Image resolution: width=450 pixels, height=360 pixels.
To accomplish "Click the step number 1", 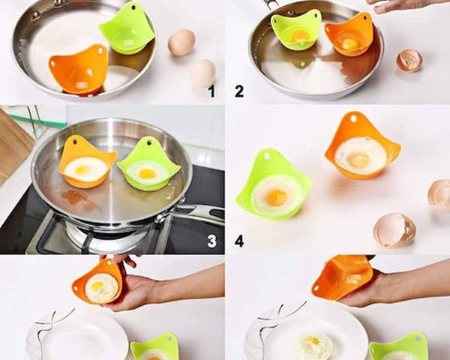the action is [211, 91].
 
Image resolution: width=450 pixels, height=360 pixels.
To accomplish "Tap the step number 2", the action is [239, 91].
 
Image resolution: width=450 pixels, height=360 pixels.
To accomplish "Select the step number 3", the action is [211, 241].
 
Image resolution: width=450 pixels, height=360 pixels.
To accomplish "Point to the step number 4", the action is [239, 241].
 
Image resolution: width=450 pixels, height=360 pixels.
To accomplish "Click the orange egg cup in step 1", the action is [78, 70].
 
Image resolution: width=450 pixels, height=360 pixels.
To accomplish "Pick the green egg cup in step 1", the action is [127, 28].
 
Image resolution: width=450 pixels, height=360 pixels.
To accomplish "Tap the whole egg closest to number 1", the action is [203, 73].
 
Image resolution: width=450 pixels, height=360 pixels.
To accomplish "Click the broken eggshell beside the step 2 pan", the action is [409, 60].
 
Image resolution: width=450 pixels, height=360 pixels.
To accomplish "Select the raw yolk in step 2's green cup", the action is [301, 36].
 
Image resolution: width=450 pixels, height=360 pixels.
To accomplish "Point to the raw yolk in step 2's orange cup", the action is [349, 44].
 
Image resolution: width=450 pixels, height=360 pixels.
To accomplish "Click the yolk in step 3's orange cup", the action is [81, 169].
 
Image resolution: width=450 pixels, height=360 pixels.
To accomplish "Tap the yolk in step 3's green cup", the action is [147, 173].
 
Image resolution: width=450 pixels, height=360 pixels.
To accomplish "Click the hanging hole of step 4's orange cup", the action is [353, 118].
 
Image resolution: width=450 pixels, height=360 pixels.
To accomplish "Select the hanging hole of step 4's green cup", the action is [267, 157].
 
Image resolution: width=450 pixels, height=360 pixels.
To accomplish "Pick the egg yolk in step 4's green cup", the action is [277, 198].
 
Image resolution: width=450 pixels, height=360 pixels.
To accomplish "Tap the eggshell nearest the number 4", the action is [394, 230].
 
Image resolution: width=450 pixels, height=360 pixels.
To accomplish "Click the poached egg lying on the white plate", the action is [315, 345].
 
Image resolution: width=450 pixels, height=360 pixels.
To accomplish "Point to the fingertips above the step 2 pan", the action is [385, 8].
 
